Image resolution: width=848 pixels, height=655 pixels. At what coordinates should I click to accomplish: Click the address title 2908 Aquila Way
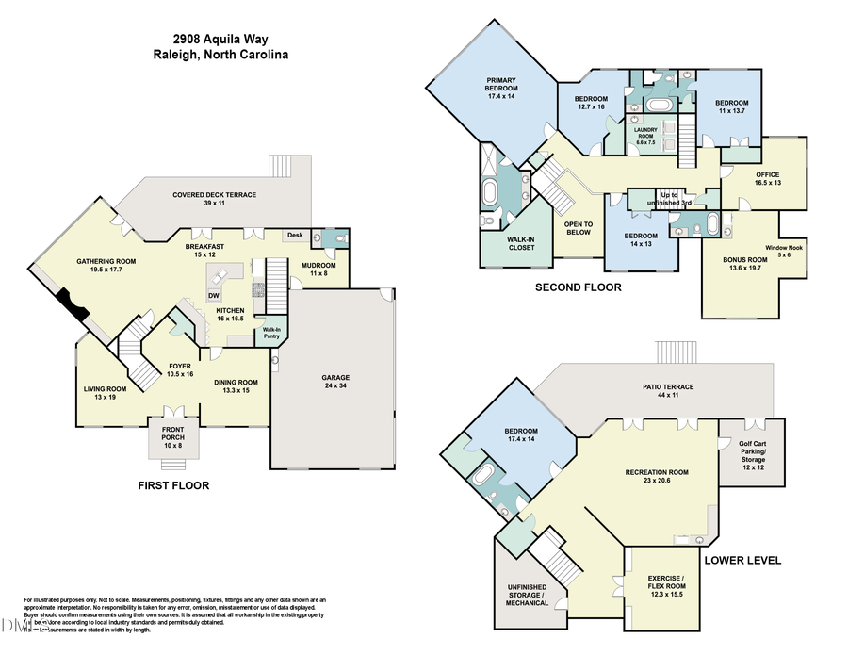click(220, 40)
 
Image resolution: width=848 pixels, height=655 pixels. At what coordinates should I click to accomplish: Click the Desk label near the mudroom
click(295, 235)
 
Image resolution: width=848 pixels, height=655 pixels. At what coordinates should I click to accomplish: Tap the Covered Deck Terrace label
click(214, 199)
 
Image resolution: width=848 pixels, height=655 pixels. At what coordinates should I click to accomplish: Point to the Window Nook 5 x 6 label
click(784, 251)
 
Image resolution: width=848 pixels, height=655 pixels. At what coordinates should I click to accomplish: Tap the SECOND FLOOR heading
click(578, 287)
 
